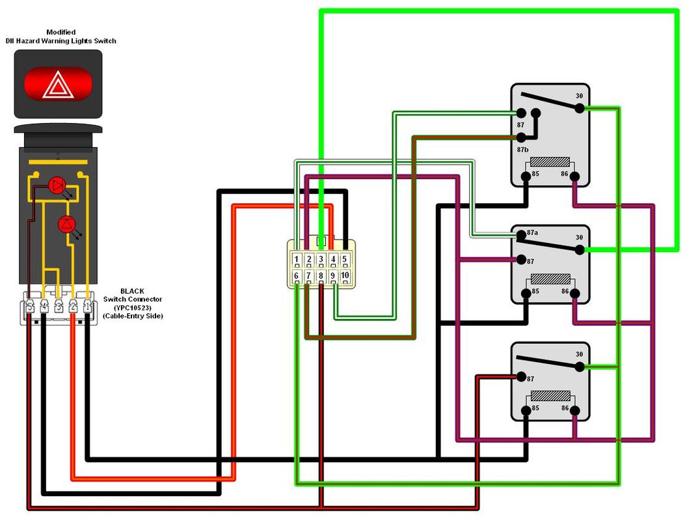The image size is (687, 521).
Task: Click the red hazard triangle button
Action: (x=59, y=85)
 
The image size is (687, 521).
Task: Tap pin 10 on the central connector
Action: (x=345, y=276)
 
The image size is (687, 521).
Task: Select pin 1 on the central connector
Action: (x=297, y=260)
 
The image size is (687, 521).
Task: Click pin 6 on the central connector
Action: (x=297, y=276)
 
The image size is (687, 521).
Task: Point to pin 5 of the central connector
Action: (x=345, y=260)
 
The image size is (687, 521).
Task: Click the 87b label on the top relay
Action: (x=520, y=149)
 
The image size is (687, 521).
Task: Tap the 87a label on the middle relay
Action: (x=532, y=232)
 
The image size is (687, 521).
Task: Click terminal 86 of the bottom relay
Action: (x=575, y=410)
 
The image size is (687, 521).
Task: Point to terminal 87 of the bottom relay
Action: (x=520, y=376)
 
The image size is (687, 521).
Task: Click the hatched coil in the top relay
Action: (x=550, y=163)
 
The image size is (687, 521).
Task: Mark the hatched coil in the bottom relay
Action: (x=550, y=395)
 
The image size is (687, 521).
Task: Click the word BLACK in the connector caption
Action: (x=133, y=290)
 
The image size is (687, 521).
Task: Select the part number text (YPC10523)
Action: (x=133, y=307)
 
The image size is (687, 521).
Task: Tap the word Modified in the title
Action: (x=61, y=32)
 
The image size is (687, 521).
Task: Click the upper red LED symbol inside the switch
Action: (x=57, y=186)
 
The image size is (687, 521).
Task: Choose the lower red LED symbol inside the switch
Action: (x=66, y=224)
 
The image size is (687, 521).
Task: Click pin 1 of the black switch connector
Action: (x=88, y=305)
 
